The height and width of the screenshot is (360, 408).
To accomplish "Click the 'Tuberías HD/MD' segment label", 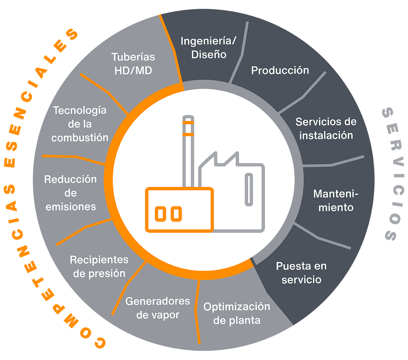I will [x=133, y=63].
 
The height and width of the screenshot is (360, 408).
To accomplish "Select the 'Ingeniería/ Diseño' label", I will [x=209, y=48].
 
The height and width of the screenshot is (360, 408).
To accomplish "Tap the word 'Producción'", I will [x=280, y=70].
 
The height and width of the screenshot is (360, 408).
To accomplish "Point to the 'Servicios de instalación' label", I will [x=326, y=129].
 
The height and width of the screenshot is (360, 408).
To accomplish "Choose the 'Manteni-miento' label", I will [x=336, y=201].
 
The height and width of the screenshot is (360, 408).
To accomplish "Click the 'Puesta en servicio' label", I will [x=301, y=273].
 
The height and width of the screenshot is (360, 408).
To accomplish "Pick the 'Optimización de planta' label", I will [x=237, y=313].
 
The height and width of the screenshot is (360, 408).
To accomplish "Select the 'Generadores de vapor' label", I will [x=158, y=308].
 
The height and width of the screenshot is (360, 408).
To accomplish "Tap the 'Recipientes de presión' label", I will [x=99, y=266].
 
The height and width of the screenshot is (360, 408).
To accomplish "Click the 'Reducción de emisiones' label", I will [x=71, y=193].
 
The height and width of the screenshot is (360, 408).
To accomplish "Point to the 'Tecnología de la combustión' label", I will [x=80, y=123].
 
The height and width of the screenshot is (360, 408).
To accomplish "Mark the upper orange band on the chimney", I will [x=188, y=123].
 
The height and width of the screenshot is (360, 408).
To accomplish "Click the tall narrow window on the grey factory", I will [x=248, y=189].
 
